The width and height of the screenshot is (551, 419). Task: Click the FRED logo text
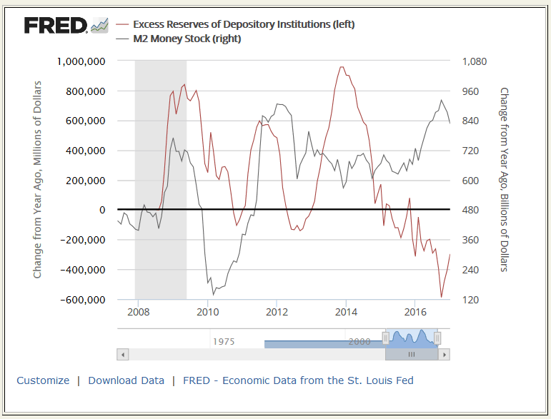(56, 26)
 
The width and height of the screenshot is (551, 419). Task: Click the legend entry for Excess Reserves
(244, 24)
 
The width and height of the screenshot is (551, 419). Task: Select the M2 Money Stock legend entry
(187, 39)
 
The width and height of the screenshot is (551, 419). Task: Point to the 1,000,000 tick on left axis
(81, 61)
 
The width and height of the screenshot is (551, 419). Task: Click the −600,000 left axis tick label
(81, 300)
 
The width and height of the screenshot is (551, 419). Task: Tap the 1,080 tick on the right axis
(474, 61)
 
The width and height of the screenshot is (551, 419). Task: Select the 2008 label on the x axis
(138, 312)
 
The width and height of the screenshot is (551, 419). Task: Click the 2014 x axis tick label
(346, 312)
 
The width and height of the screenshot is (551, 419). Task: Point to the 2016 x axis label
(415, 312)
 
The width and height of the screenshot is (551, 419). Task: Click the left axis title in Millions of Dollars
(38, 180)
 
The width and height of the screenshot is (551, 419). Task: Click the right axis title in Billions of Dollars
(504, 180)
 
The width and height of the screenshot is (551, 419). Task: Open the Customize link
(43, 380)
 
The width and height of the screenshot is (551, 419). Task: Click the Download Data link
(126, 380)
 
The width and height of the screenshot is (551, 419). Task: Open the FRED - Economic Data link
(298, 380)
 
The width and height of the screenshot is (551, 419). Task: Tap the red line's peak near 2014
(342, 67)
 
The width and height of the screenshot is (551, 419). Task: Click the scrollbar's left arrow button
(122, 354)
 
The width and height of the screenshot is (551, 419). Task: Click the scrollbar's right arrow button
(445, 354)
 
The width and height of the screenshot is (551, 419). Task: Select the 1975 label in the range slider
(224, 342)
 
